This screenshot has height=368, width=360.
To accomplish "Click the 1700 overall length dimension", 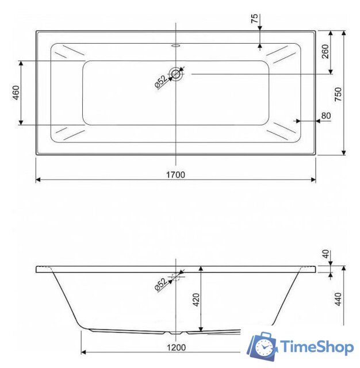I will pos(177,174).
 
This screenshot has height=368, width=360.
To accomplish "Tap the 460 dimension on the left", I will pos(16,93).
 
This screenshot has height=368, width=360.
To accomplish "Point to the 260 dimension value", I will pos(325,52).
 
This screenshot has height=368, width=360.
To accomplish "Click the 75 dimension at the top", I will pos(254,18).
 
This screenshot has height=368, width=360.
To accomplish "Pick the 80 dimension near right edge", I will pos(326,116).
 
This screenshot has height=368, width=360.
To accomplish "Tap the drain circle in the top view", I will pos(176,74).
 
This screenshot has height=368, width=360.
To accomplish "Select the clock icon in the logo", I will pos(265,347).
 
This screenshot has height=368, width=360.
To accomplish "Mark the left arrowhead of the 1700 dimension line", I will pos(38,180).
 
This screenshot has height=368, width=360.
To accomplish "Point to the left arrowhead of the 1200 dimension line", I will pos(83,351).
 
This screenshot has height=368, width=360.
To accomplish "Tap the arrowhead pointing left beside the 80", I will pos(297,121).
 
